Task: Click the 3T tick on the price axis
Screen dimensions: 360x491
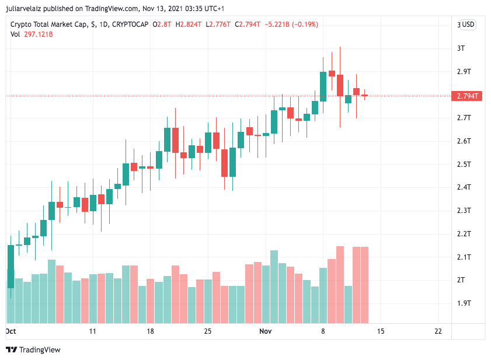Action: click(461, 48)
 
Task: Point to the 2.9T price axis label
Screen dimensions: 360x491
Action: click(464, 71)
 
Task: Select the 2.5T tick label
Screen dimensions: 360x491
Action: click(464, 164)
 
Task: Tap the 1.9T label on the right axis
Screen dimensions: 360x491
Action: click(464, 303)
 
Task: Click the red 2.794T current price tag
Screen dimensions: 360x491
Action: click(466, 96)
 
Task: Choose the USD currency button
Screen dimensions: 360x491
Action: click(468, 25)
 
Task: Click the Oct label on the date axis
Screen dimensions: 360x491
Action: click(11, 331)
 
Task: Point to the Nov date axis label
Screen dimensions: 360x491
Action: click(265, 331)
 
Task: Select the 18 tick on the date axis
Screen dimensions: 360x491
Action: click(150, 331)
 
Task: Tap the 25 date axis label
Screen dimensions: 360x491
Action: click(207, 331)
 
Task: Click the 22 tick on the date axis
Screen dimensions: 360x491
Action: click(438, 331)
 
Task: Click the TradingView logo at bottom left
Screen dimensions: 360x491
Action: click(33, 349)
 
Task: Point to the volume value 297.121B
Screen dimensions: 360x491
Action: click(39, 34)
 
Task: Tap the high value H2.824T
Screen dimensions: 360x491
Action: click(189, 25)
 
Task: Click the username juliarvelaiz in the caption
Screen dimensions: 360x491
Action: click(25, 9)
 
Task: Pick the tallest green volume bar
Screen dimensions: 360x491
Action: click(274, 286)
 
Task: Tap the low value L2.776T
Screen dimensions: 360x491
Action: click(219, 25)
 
